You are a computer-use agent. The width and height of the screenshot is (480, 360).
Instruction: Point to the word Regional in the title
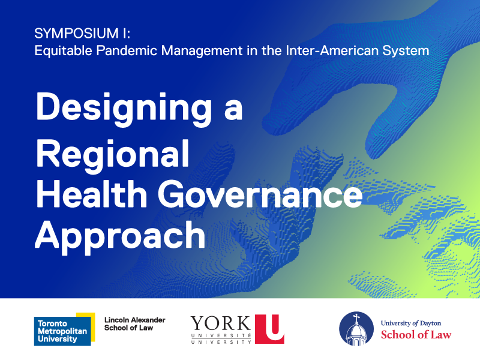(112, 152)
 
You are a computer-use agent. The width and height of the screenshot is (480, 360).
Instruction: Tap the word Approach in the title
(120, 235)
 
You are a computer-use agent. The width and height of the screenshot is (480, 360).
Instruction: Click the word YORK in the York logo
(221, 325)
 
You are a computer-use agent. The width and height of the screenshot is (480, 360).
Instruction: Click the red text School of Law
(416, 335)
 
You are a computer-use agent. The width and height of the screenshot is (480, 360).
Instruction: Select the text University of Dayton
(411, 323)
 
